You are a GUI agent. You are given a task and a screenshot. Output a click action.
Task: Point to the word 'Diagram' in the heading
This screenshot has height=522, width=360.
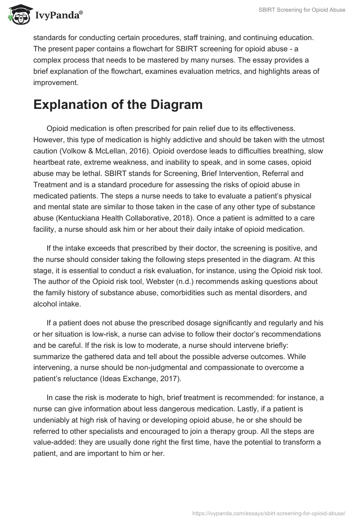[166, 105]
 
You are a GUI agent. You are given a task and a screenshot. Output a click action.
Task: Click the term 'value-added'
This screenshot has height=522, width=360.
[55, 443]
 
